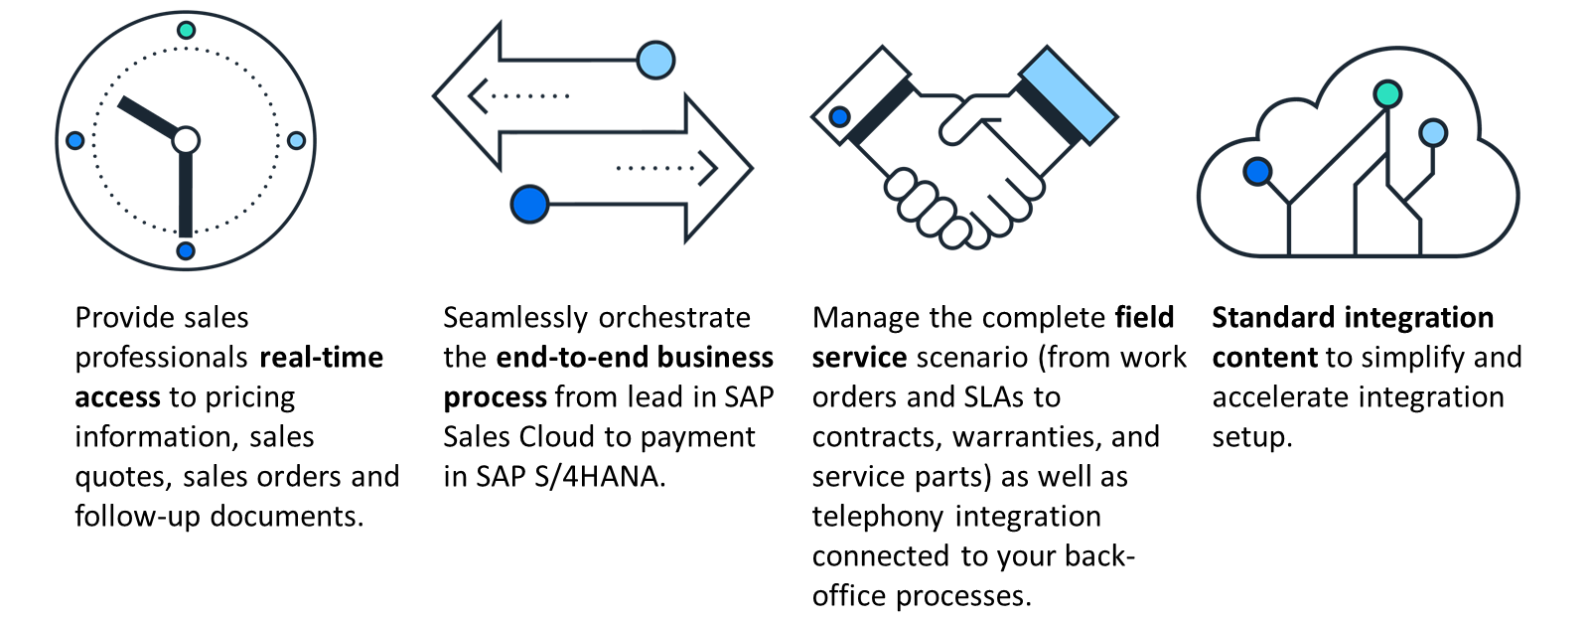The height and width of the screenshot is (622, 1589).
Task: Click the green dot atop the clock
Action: click(186, 30)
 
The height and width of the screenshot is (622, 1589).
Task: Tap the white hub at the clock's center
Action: click(186, 140)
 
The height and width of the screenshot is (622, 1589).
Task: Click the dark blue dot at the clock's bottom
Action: click(186, 250)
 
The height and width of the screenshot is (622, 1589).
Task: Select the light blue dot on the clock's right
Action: click(297, 140)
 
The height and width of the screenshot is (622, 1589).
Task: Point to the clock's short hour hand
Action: click(148, 117)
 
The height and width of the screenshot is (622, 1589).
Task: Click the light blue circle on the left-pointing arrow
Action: click(655, 60)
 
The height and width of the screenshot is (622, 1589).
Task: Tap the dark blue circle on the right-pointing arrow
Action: click(530, 205)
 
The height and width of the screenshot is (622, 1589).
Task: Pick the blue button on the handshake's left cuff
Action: click(840, 116)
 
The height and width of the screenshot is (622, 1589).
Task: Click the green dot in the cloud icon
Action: click(1387, 93)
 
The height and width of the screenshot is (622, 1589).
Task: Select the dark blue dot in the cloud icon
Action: click(1257, 171)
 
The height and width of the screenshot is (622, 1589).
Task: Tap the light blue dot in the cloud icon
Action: click(1433, 133)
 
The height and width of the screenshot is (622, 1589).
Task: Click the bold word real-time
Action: click(322, 357)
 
